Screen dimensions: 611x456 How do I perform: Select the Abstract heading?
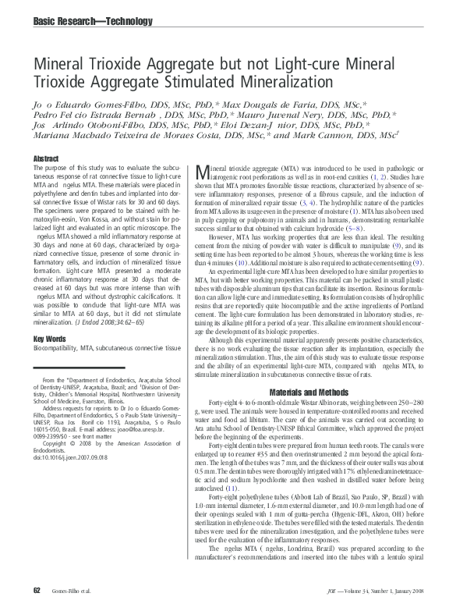pyautogui.click(x=45, y=159)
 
